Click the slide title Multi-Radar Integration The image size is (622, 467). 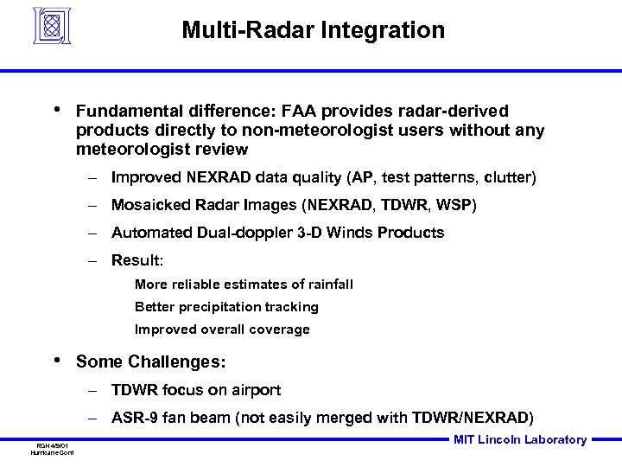(313, 31)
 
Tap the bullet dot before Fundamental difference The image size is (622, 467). (56, 110)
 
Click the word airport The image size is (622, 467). (257, 390)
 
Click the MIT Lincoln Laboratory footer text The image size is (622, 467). (520, 440)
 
